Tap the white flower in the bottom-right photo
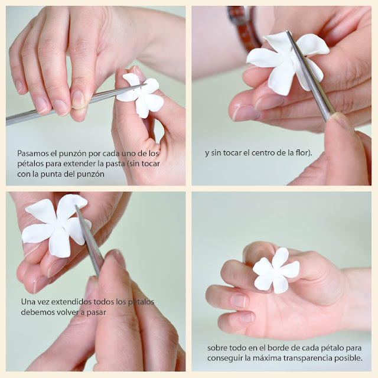(x=276, y=271)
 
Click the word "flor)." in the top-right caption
(x=304, y=153)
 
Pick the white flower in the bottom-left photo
(x=56, y=226)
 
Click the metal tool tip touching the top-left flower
(x=146, y=84)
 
